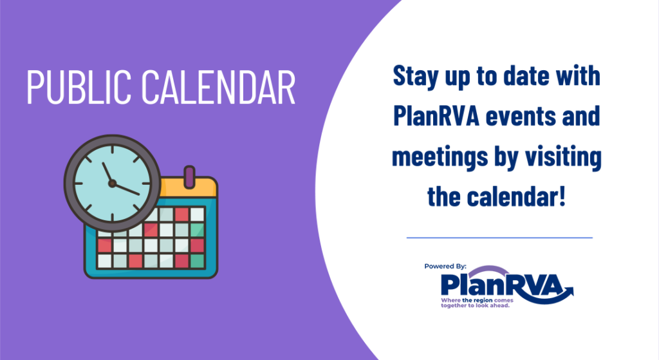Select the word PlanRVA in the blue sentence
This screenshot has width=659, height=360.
click(436, 116)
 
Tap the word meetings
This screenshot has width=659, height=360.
click(440, 157)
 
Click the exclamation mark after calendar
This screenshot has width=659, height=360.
click(562, 196)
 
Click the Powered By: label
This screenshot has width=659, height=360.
click(445, 266)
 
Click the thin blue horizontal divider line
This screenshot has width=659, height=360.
click(499, 238)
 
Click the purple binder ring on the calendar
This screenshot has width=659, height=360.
click(190, 176)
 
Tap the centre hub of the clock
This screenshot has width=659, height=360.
click(112, 184)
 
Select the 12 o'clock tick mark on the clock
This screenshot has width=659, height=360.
click(112, 150)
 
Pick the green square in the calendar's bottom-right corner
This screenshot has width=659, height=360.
click(197, 261)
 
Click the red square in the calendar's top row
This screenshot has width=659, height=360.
click(182, 214)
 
